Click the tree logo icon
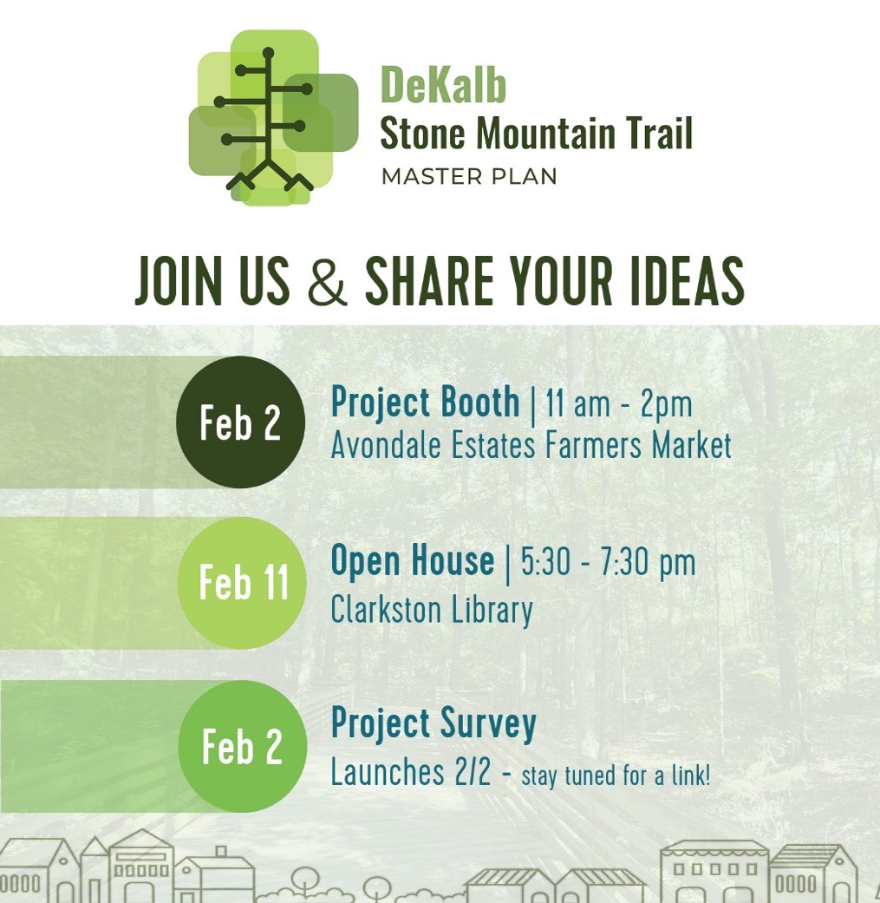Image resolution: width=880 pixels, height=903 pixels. coord(273,118)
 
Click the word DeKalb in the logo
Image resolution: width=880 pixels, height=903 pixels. coord(443,85)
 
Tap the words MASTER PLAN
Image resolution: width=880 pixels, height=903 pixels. coord(469,177)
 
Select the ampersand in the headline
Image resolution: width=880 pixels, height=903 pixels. coord(328,281)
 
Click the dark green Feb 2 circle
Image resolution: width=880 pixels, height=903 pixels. coord(240,422)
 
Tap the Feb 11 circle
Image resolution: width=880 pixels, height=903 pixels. coord(242,583)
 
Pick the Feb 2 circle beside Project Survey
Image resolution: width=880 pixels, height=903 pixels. coord(242,746)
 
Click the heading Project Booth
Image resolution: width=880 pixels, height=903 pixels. coord(426,402)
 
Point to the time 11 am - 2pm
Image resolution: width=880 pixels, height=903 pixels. coord(619,403)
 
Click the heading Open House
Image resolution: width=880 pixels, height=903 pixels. coord(413,561)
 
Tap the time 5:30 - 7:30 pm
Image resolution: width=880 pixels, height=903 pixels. coord(608,563)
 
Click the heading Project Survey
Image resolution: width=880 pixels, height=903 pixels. coord(433,723)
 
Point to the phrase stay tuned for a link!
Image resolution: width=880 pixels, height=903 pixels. coord(616,775)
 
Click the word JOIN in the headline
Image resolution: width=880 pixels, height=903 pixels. coord(179,281)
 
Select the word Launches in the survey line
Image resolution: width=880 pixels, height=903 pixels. coord(388,772)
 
